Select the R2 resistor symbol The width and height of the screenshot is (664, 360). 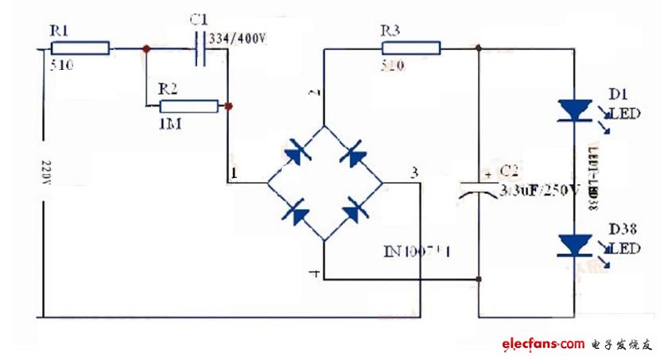pos(188,106)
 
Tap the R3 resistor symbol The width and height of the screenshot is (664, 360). pos(410,48)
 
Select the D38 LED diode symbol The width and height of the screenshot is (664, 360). pos(574,244)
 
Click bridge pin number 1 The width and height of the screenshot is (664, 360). pos(233,172)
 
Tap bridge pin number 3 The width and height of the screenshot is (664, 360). pos(414,172)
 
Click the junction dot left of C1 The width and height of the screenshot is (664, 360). pos(146,49)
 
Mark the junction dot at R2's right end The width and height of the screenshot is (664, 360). pos(228,106)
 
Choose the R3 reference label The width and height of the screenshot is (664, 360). pos(390,31)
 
